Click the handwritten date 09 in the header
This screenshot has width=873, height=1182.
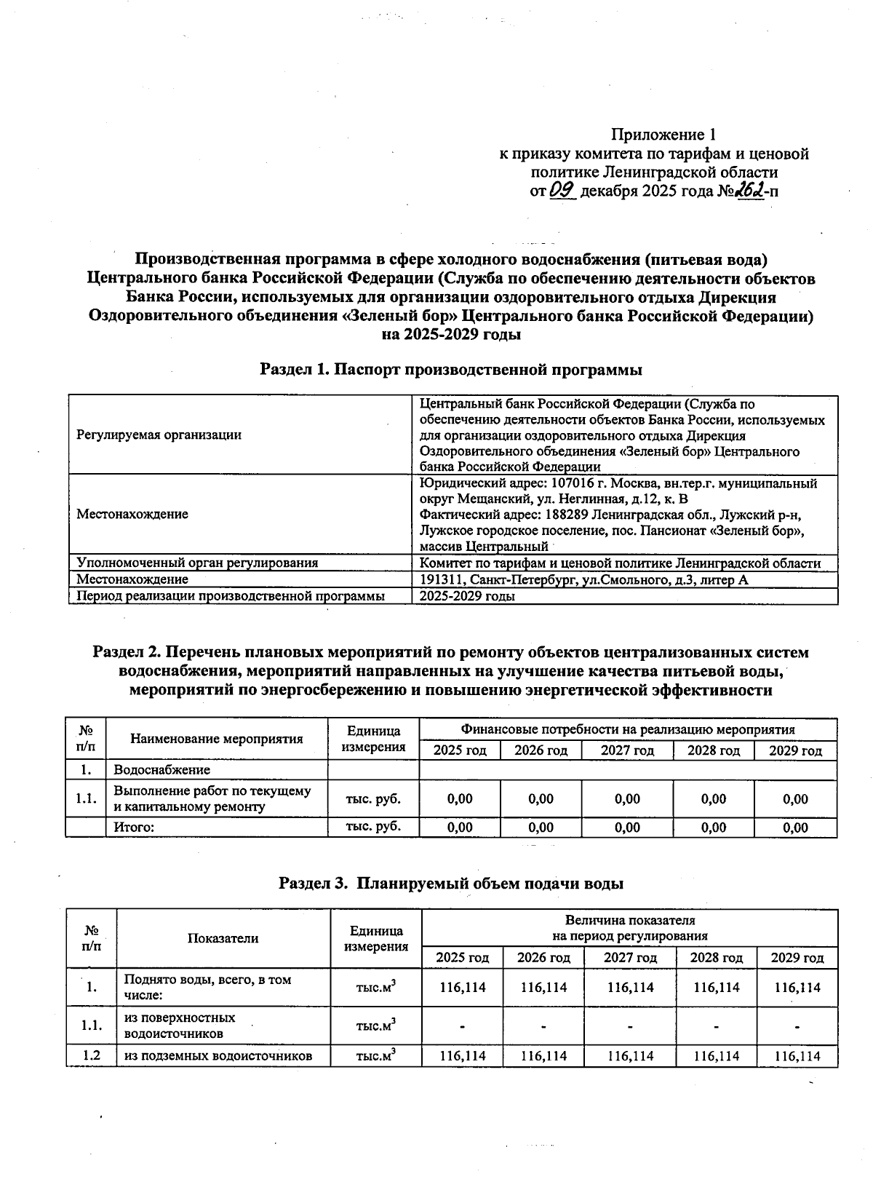coord(564,191)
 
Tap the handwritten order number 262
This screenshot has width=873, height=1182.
coord(748,190)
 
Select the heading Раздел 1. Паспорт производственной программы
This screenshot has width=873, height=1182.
coord(451,370)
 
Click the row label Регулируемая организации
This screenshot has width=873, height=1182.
coord(159,435)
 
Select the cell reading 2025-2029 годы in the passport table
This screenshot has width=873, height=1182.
coord(468,596)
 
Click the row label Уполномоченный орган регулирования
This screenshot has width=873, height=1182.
coord(197,563)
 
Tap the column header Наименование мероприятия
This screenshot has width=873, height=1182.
coord(217,739)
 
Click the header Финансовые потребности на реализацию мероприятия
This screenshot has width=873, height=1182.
coord(627,729)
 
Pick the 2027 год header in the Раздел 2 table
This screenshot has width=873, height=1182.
coord(627,750)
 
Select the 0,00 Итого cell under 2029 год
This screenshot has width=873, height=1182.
coord(795,827)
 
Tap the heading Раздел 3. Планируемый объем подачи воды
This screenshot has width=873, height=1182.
coord(451,884)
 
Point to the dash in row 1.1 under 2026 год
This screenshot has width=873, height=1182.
coord(543,1027)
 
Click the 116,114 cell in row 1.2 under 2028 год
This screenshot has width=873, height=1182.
coord(716,1055)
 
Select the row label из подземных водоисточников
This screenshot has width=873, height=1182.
coord(218,1055)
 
